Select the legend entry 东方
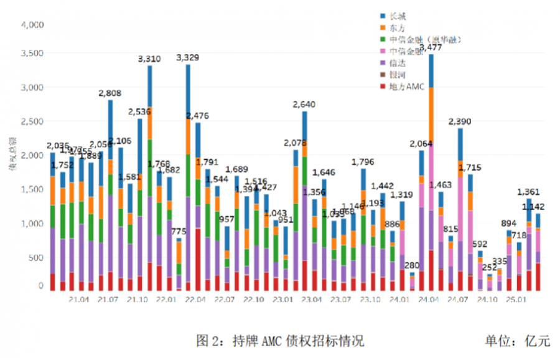click(395, 27)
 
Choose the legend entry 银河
click(395, 75)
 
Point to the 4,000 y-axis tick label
click(30, 25)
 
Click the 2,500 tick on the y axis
click(30, 121)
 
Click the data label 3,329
click(188, 58)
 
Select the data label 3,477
click(431, 47)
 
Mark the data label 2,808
click(110, 93)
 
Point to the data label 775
click(179, 231)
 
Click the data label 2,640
click(304, 104)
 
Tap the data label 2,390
click(460, 121)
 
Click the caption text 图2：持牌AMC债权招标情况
click(279, 341)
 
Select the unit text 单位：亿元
click(518, 341)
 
